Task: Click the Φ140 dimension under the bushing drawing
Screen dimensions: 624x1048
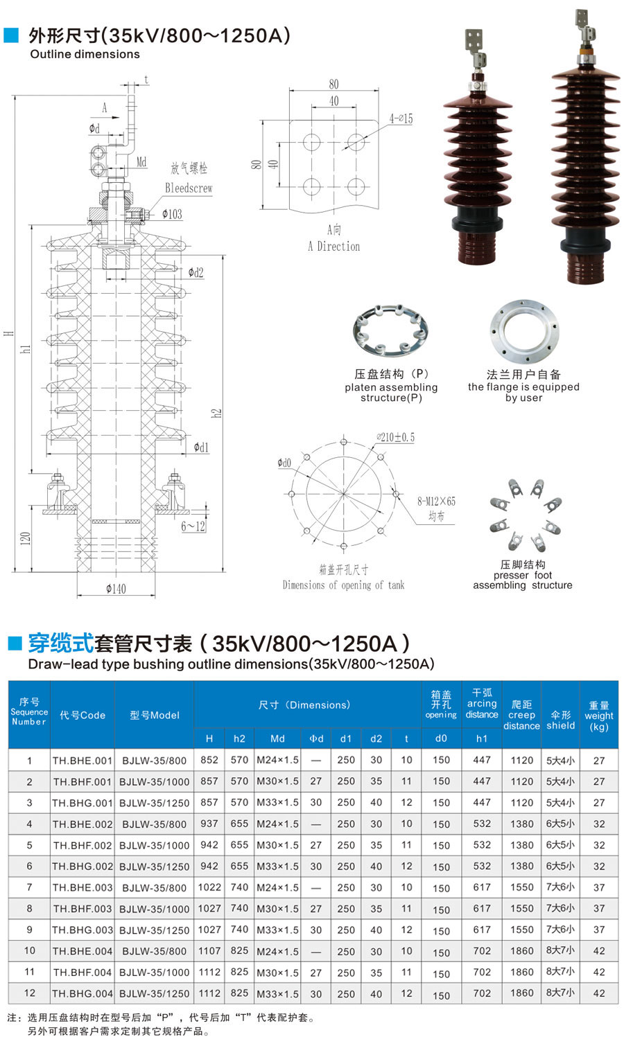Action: point(116,589)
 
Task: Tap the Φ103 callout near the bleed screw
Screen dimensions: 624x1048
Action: point(172,214)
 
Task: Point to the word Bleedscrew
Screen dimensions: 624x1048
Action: point(189,188)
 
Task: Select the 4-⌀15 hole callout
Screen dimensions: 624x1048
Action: point(401,119)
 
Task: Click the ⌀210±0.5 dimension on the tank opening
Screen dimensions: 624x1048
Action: point(396,438)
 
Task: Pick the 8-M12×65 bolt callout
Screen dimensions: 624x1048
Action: point(436,501)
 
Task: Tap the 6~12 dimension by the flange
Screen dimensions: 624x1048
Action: point(193,526)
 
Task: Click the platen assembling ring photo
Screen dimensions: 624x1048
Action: point(390,330)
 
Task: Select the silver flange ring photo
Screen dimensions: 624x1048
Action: point(524,331)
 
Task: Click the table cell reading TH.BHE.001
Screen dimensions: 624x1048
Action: point(83,761)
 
